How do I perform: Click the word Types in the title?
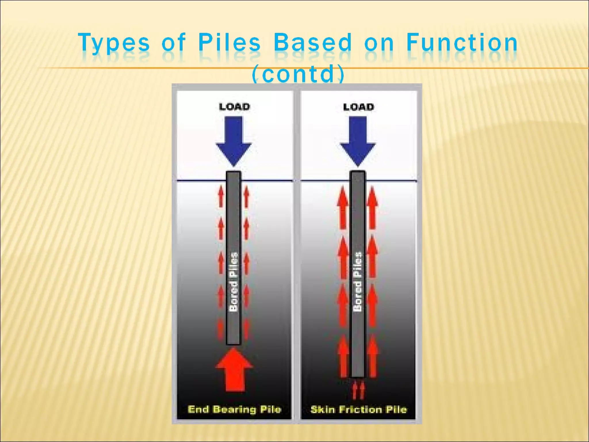click(x=114, y=43)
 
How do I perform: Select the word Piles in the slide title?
click(x=229, y=42)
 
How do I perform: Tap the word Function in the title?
click(x=462, y=42)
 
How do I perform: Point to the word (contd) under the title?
click(x=298, y=73)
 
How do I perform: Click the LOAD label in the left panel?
click(x=234, y=107)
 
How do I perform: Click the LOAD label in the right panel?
click(x=359, y=107)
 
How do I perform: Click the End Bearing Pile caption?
click(x=234, y=409)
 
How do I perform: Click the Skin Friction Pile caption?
click(x=359, y=409)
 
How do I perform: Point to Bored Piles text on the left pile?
click(x=234, y=282)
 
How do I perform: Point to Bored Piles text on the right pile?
click(x=357, y=282)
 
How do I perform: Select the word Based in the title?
click(x=313, y=42)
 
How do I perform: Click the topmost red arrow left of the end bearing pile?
click(x=221, y=196)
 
